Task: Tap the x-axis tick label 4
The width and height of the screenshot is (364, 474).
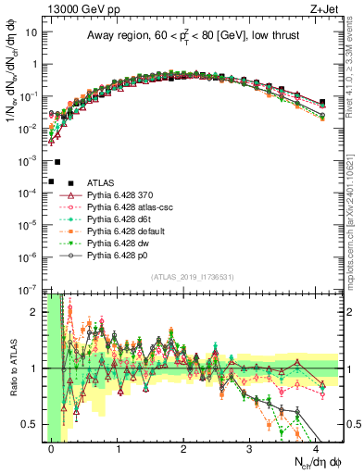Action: point(316,448)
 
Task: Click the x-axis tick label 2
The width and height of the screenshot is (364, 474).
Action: point(184,448)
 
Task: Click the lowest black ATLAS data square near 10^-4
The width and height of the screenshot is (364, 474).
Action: point(51,181)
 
